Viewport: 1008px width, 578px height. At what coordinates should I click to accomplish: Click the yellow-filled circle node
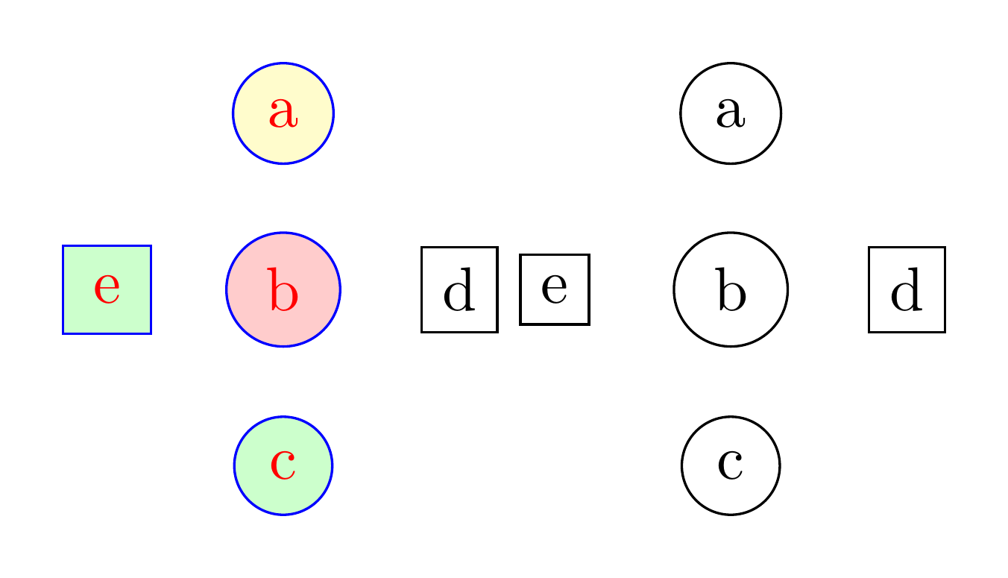pyautogui.click(x=283, y=113)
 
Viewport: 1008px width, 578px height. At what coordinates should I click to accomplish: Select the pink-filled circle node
pyautogui.click(x=283, y=289)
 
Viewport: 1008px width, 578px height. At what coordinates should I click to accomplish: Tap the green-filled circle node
pyautogui.click(x=283, y=465)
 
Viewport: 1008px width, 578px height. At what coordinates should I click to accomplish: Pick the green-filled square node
pyautogui.click(x=107, y=289)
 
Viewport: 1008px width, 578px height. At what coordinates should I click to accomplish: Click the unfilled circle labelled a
pyautogui.click(x=731, y=113)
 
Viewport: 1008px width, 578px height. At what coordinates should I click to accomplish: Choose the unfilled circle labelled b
pyautogui.click(x=731, y=289)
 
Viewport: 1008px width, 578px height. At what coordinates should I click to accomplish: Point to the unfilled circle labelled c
pyautogui.click(x=731, y=465)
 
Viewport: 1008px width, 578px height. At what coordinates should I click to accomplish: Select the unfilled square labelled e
pyautogui.click(x=555, y=289)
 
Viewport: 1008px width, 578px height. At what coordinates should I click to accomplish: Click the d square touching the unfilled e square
pyautogui.click(x=459, y=289)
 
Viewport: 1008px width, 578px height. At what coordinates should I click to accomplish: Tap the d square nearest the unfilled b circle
pyautogui.click(x=907, y=289)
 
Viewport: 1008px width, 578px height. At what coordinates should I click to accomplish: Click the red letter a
pyautogui.click(x=283, y=113)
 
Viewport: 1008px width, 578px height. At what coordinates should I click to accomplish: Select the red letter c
pyautogui.click(x=283, y=465)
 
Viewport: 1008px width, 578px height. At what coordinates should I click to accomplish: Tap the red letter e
pyautogui.click(x=107, y=289)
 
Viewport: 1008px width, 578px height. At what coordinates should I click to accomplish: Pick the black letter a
pyautogui.click(x=731, y=113)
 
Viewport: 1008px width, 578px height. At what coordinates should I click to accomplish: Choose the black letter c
pyautogui.click(x=731, y=465)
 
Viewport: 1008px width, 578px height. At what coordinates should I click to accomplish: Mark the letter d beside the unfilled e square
pyautogui.click(x=459, y=291)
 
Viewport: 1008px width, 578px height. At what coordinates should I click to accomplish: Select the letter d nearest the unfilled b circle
pyautogui.click(x=907, y=291)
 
